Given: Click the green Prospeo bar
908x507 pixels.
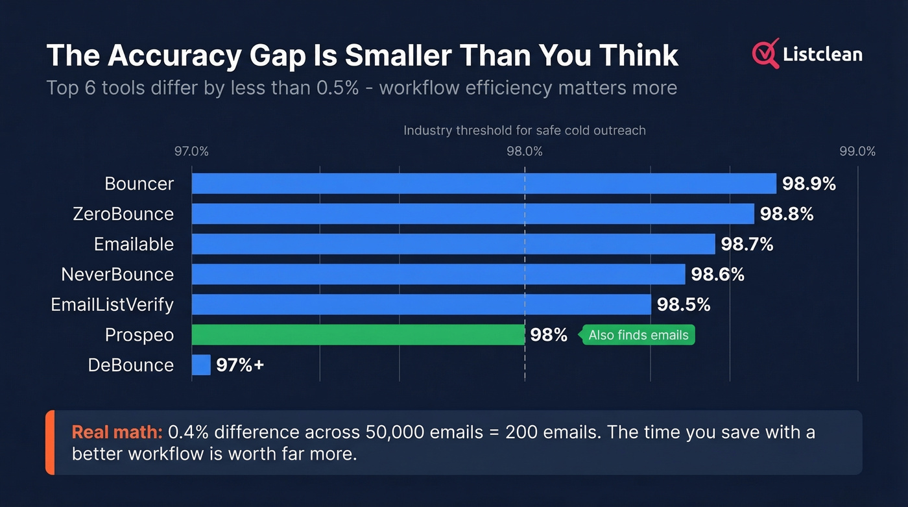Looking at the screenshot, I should pyautogui.click(x=358, y=335).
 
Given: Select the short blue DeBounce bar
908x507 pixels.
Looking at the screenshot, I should pyautogui.click(x=201, y=365).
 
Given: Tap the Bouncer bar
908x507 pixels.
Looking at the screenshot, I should pyautogui.click(x=483, y=184).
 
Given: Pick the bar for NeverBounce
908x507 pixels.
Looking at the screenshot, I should pyautogui.click(x=438, y=274).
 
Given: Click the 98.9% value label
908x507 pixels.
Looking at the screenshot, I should pyautogui.click(x=809, y=184).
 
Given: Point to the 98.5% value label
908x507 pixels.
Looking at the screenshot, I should pyautogui.click(x=684, y=304).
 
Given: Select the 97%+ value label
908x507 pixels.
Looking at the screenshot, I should pyautogui.click(x=240, y=365).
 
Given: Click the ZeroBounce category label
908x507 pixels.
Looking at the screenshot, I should pyautogui.click(x=123, y=214).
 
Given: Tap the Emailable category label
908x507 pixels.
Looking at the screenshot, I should pyautogui.click(x=134, y=244).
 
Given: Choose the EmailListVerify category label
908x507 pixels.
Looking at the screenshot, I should pyautogui.click(x=112, y=304).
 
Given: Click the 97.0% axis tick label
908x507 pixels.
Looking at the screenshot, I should pyautogui.click(x=191, y=152).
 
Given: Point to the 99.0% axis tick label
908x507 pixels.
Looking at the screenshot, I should pyautogui.click(x=857, y=152).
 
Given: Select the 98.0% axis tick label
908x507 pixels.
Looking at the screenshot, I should pyautogui.click(x=525, y=152).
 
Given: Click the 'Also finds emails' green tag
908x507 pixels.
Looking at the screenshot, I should pyautogui.click(x=638, y=335).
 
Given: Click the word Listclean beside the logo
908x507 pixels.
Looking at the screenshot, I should pyautogui.click(x=822, y=55).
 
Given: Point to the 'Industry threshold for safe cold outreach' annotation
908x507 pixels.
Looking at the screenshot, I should pyautogui.click(x=525, y=130).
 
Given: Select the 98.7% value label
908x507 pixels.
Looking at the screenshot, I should pyautogui.click(x=747, y=244).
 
